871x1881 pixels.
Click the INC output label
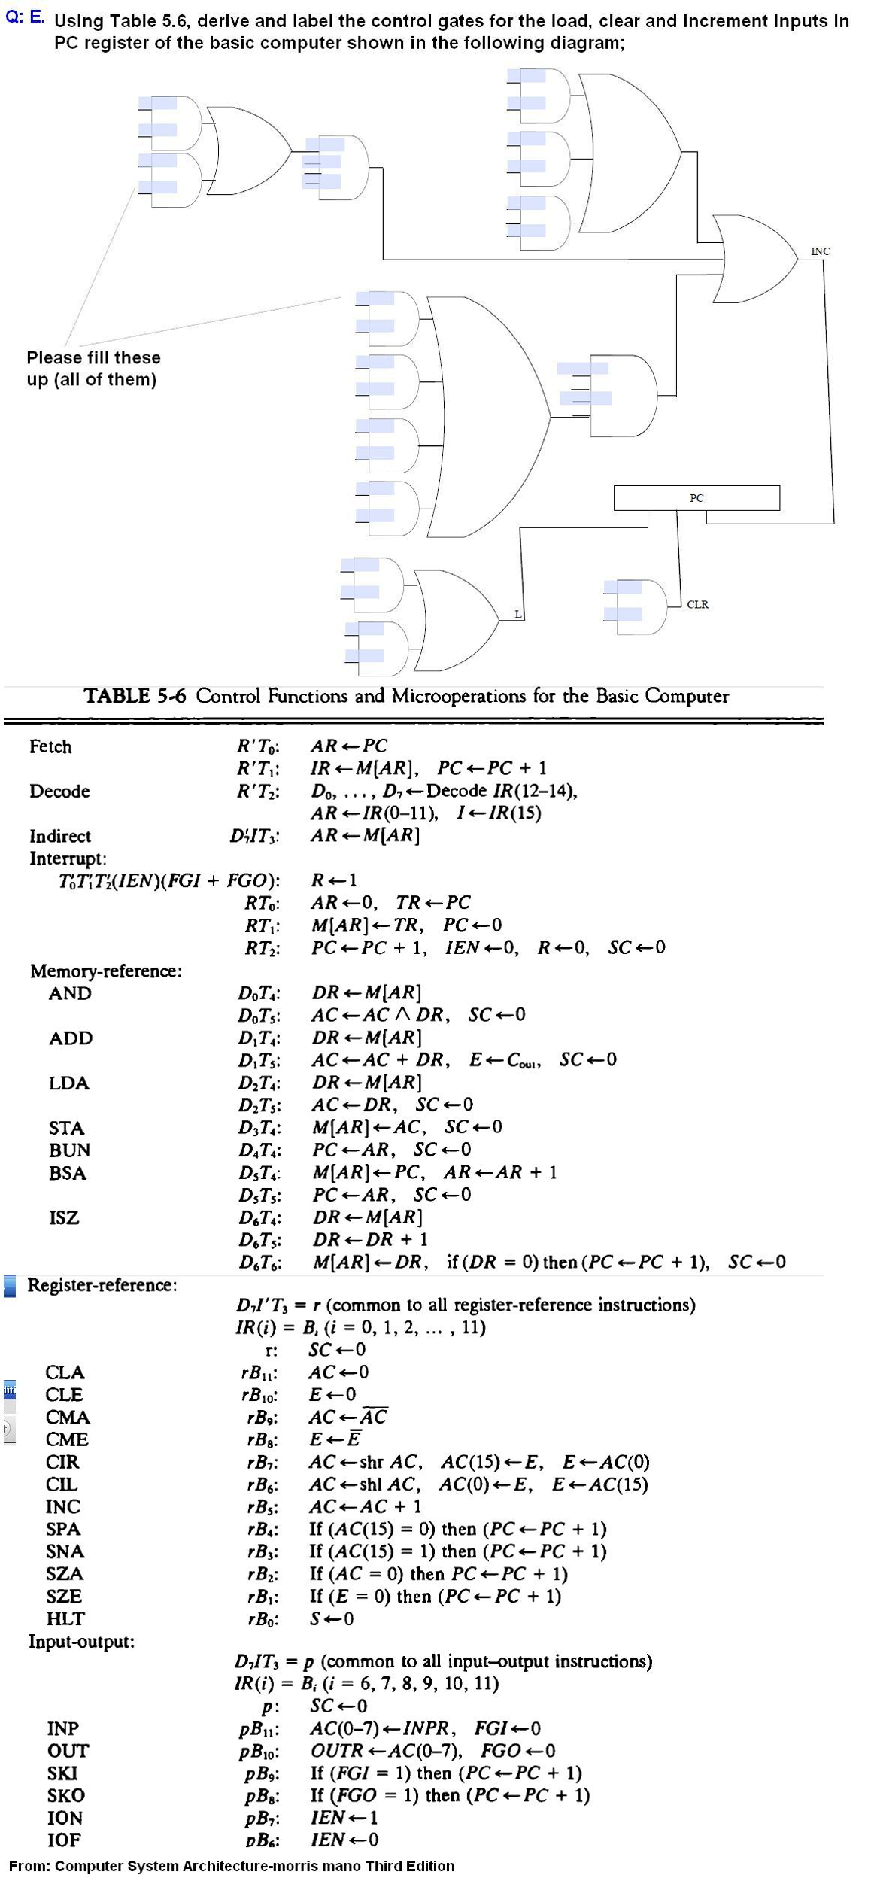[820, 251]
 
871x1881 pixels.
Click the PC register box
[696, 498]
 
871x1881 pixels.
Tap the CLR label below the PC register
[697, 604]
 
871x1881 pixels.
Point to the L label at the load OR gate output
[517, 615]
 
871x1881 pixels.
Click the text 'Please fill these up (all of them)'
[93, 368]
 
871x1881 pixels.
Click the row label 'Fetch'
[50, 747]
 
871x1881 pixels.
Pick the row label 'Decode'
[59, 792]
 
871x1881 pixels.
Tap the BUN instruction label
[69, 1150]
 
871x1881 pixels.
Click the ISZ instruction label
[64, 1217]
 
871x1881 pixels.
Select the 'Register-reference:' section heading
[102, 1285]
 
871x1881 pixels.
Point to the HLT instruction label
[65, 1618]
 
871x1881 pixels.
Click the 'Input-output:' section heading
[82, 1641]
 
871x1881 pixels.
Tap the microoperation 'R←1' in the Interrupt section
[334, 880]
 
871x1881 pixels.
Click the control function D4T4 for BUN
[259, 1150]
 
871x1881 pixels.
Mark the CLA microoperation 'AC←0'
[339, 1372]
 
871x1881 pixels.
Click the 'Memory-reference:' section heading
[105, 971]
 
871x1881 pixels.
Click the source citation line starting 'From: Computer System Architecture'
[232, 1866]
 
